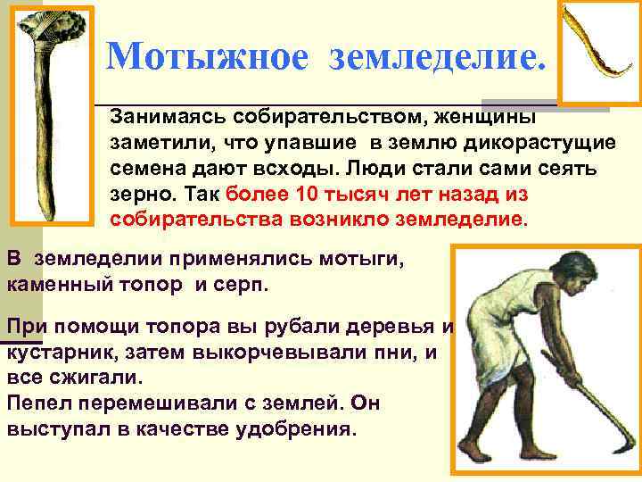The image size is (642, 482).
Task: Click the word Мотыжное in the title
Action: pos(207,58)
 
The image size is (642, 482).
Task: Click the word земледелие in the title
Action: pos(434,58)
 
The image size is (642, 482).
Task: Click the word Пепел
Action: pos(35,403)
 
